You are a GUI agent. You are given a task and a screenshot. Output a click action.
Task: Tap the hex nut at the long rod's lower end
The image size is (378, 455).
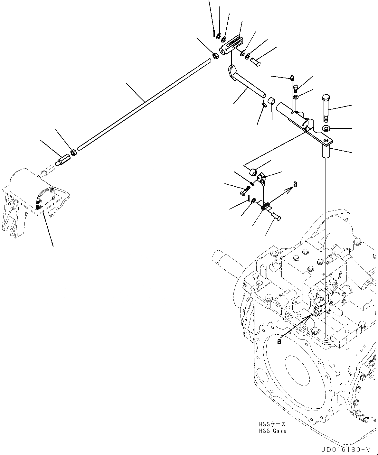(x=74, y=152)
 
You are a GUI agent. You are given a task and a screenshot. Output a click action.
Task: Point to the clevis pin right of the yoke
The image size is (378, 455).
(x=256, y=61)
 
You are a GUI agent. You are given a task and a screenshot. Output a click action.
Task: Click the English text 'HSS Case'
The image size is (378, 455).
(x=272, y=431)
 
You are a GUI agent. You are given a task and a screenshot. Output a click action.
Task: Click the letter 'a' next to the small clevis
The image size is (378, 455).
(x=295, y=184)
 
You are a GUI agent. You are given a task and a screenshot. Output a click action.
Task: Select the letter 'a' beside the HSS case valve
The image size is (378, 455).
(x=279, y=341)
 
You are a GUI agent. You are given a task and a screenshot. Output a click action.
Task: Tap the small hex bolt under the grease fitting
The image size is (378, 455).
(x=297, y=88)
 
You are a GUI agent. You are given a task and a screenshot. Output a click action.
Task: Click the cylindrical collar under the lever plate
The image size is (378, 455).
(x=327, y=151)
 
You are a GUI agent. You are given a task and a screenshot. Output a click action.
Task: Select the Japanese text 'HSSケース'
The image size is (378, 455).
(x=271, y=424)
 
